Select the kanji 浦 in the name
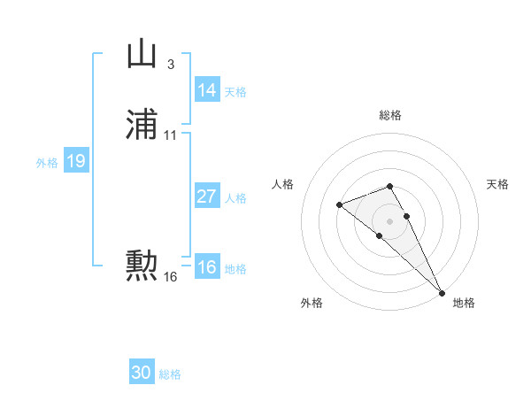[x=142, y=126]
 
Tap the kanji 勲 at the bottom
[x=142, y=264]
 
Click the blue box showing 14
[x=207, y=90]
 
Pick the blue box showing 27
[x=207, y=196]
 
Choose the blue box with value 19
[x=76, y=161]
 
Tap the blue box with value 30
[x=142, y=373]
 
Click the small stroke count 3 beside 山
[x=170, y=64]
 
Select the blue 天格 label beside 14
[x=235, y=91]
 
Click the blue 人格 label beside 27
[x=235, y=197]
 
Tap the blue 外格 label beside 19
[x=47, y=162]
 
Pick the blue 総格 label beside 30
[x=170, y=374]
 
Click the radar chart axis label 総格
[x=390, y=115]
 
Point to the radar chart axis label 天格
[x=497, y=184]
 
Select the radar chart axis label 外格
[x=312, y=303]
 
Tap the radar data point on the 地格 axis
[x=442, y=291]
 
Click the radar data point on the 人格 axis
[x=339, y=205]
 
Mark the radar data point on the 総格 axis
[x=390, y=186]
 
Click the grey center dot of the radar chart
[x=390, y=220]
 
